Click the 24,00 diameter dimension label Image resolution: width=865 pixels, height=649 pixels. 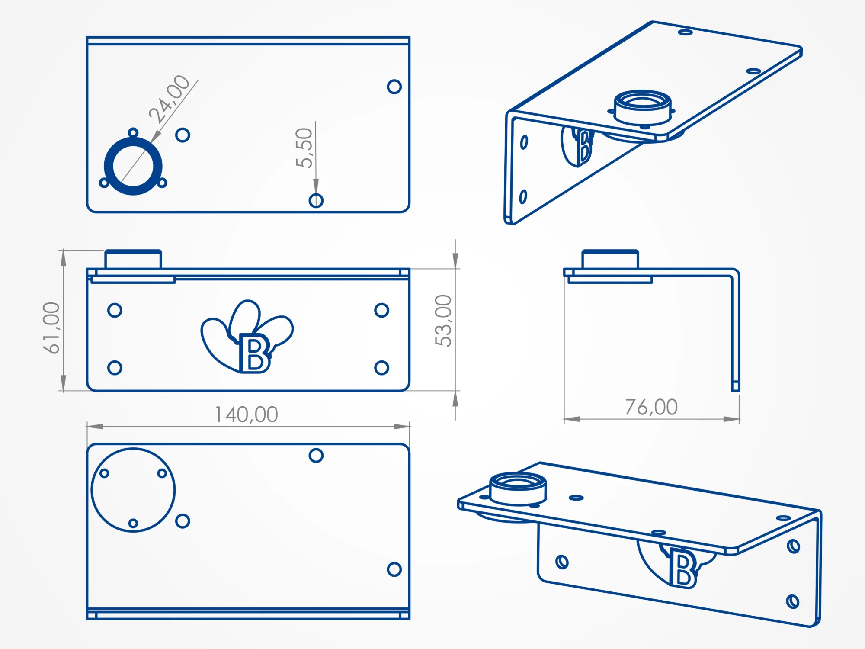pos(169,99)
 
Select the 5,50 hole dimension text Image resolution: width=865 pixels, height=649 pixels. pos(304,148)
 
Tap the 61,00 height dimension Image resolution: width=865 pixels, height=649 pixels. pos(51,328)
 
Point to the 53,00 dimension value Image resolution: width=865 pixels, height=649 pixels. pos(443,321)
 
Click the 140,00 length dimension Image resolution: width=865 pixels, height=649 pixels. pos(247,414)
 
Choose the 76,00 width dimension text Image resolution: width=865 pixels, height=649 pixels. pos(651,407)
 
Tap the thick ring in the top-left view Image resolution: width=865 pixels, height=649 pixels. pos(133,137)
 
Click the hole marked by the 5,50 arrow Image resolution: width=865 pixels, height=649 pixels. pos(316,201)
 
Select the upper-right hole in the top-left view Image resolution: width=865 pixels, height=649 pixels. pos(394,87)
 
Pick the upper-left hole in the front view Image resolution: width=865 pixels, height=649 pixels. pos(115,310)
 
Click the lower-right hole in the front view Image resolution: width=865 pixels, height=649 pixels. pos(381,368)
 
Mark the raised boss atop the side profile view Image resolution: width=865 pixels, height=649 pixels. pos(610,259)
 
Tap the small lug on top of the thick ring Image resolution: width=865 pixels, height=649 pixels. pos(133,132)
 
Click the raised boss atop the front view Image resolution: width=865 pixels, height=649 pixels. pos(133,259)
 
